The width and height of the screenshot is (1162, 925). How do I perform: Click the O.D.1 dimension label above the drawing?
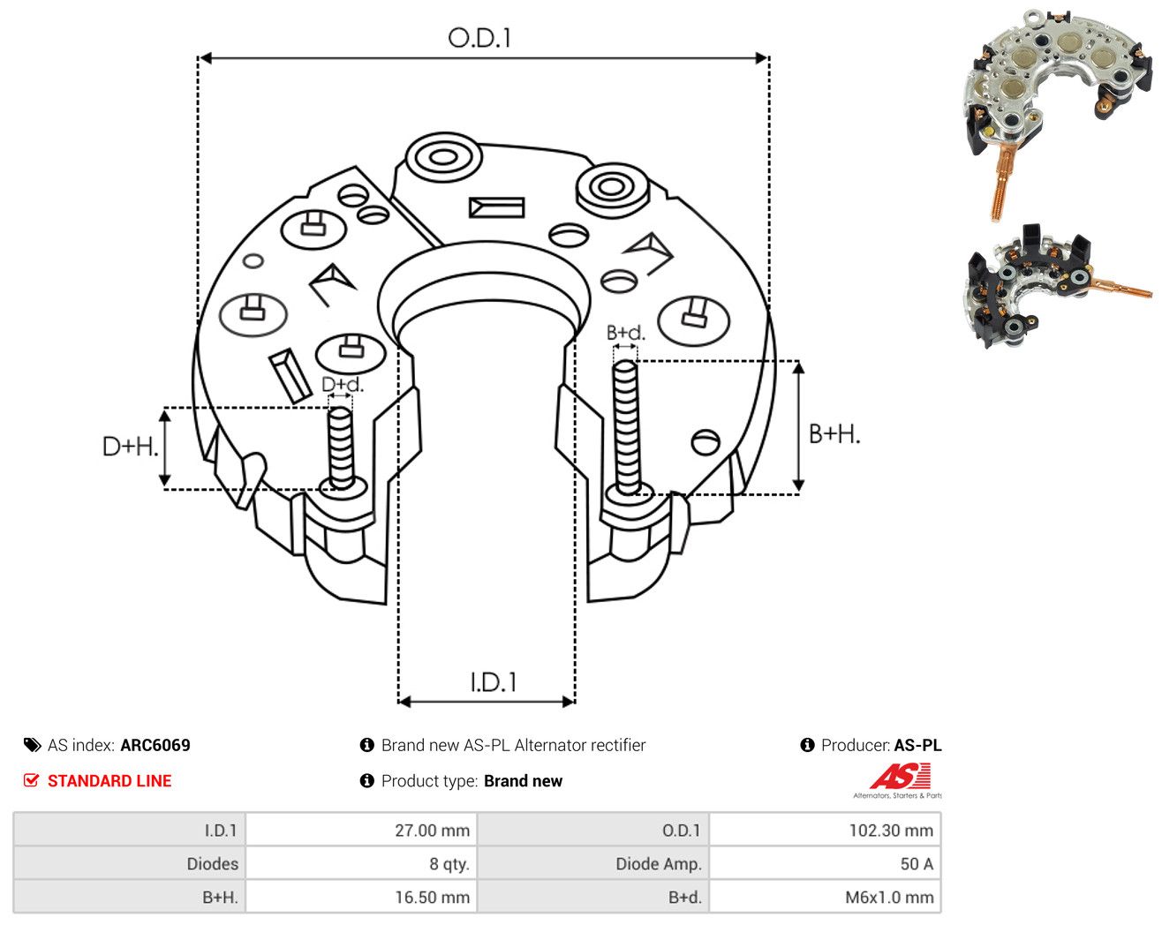tap(479, 38)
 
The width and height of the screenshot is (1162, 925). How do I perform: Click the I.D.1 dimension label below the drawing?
tap(494, 682)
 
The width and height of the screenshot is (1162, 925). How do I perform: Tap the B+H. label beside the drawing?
tap(834, 434)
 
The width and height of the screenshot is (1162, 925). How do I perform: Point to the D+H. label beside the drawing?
tap(131, 447)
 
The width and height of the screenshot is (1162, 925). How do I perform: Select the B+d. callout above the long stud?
tap(626, 333)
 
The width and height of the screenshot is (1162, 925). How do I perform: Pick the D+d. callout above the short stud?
tap(343, 384)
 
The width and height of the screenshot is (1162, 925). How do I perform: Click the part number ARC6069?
tap(155, 745)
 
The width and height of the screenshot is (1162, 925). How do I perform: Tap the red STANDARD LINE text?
tap(109, 781)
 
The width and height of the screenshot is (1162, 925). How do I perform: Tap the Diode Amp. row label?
tap(659, 864)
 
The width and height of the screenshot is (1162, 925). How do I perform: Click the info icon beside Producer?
tap(807, 745)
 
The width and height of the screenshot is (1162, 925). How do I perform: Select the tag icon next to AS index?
tap(33, 745)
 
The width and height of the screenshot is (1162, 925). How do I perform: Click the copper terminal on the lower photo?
tap(1122, 289)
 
